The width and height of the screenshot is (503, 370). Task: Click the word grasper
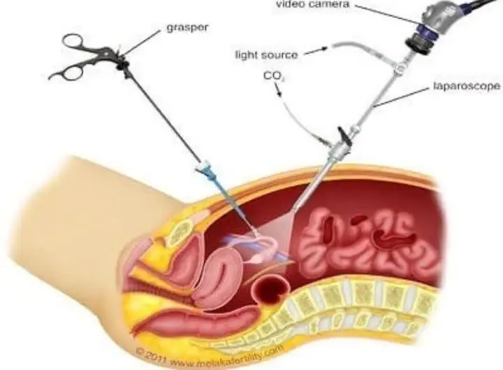click(x=187, y=28)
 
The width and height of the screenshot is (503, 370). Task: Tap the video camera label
click(x=312, y=4)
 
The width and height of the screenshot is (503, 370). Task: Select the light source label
click(x=267, y=55)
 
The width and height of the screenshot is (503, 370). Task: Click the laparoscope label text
click(x=467, y=86)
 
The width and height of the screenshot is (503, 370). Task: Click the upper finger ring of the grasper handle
click(x=73, y=41)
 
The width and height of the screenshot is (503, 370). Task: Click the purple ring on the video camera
click(x=425, y=31)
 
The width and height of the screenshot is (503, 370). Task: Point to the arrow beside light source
click(x=316, y=51)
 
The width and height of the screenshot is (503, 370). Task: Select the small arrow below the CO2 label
click(x=278, y=90)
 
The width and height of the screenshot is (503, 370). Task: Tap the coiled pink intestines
click(x=369, y=242)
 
